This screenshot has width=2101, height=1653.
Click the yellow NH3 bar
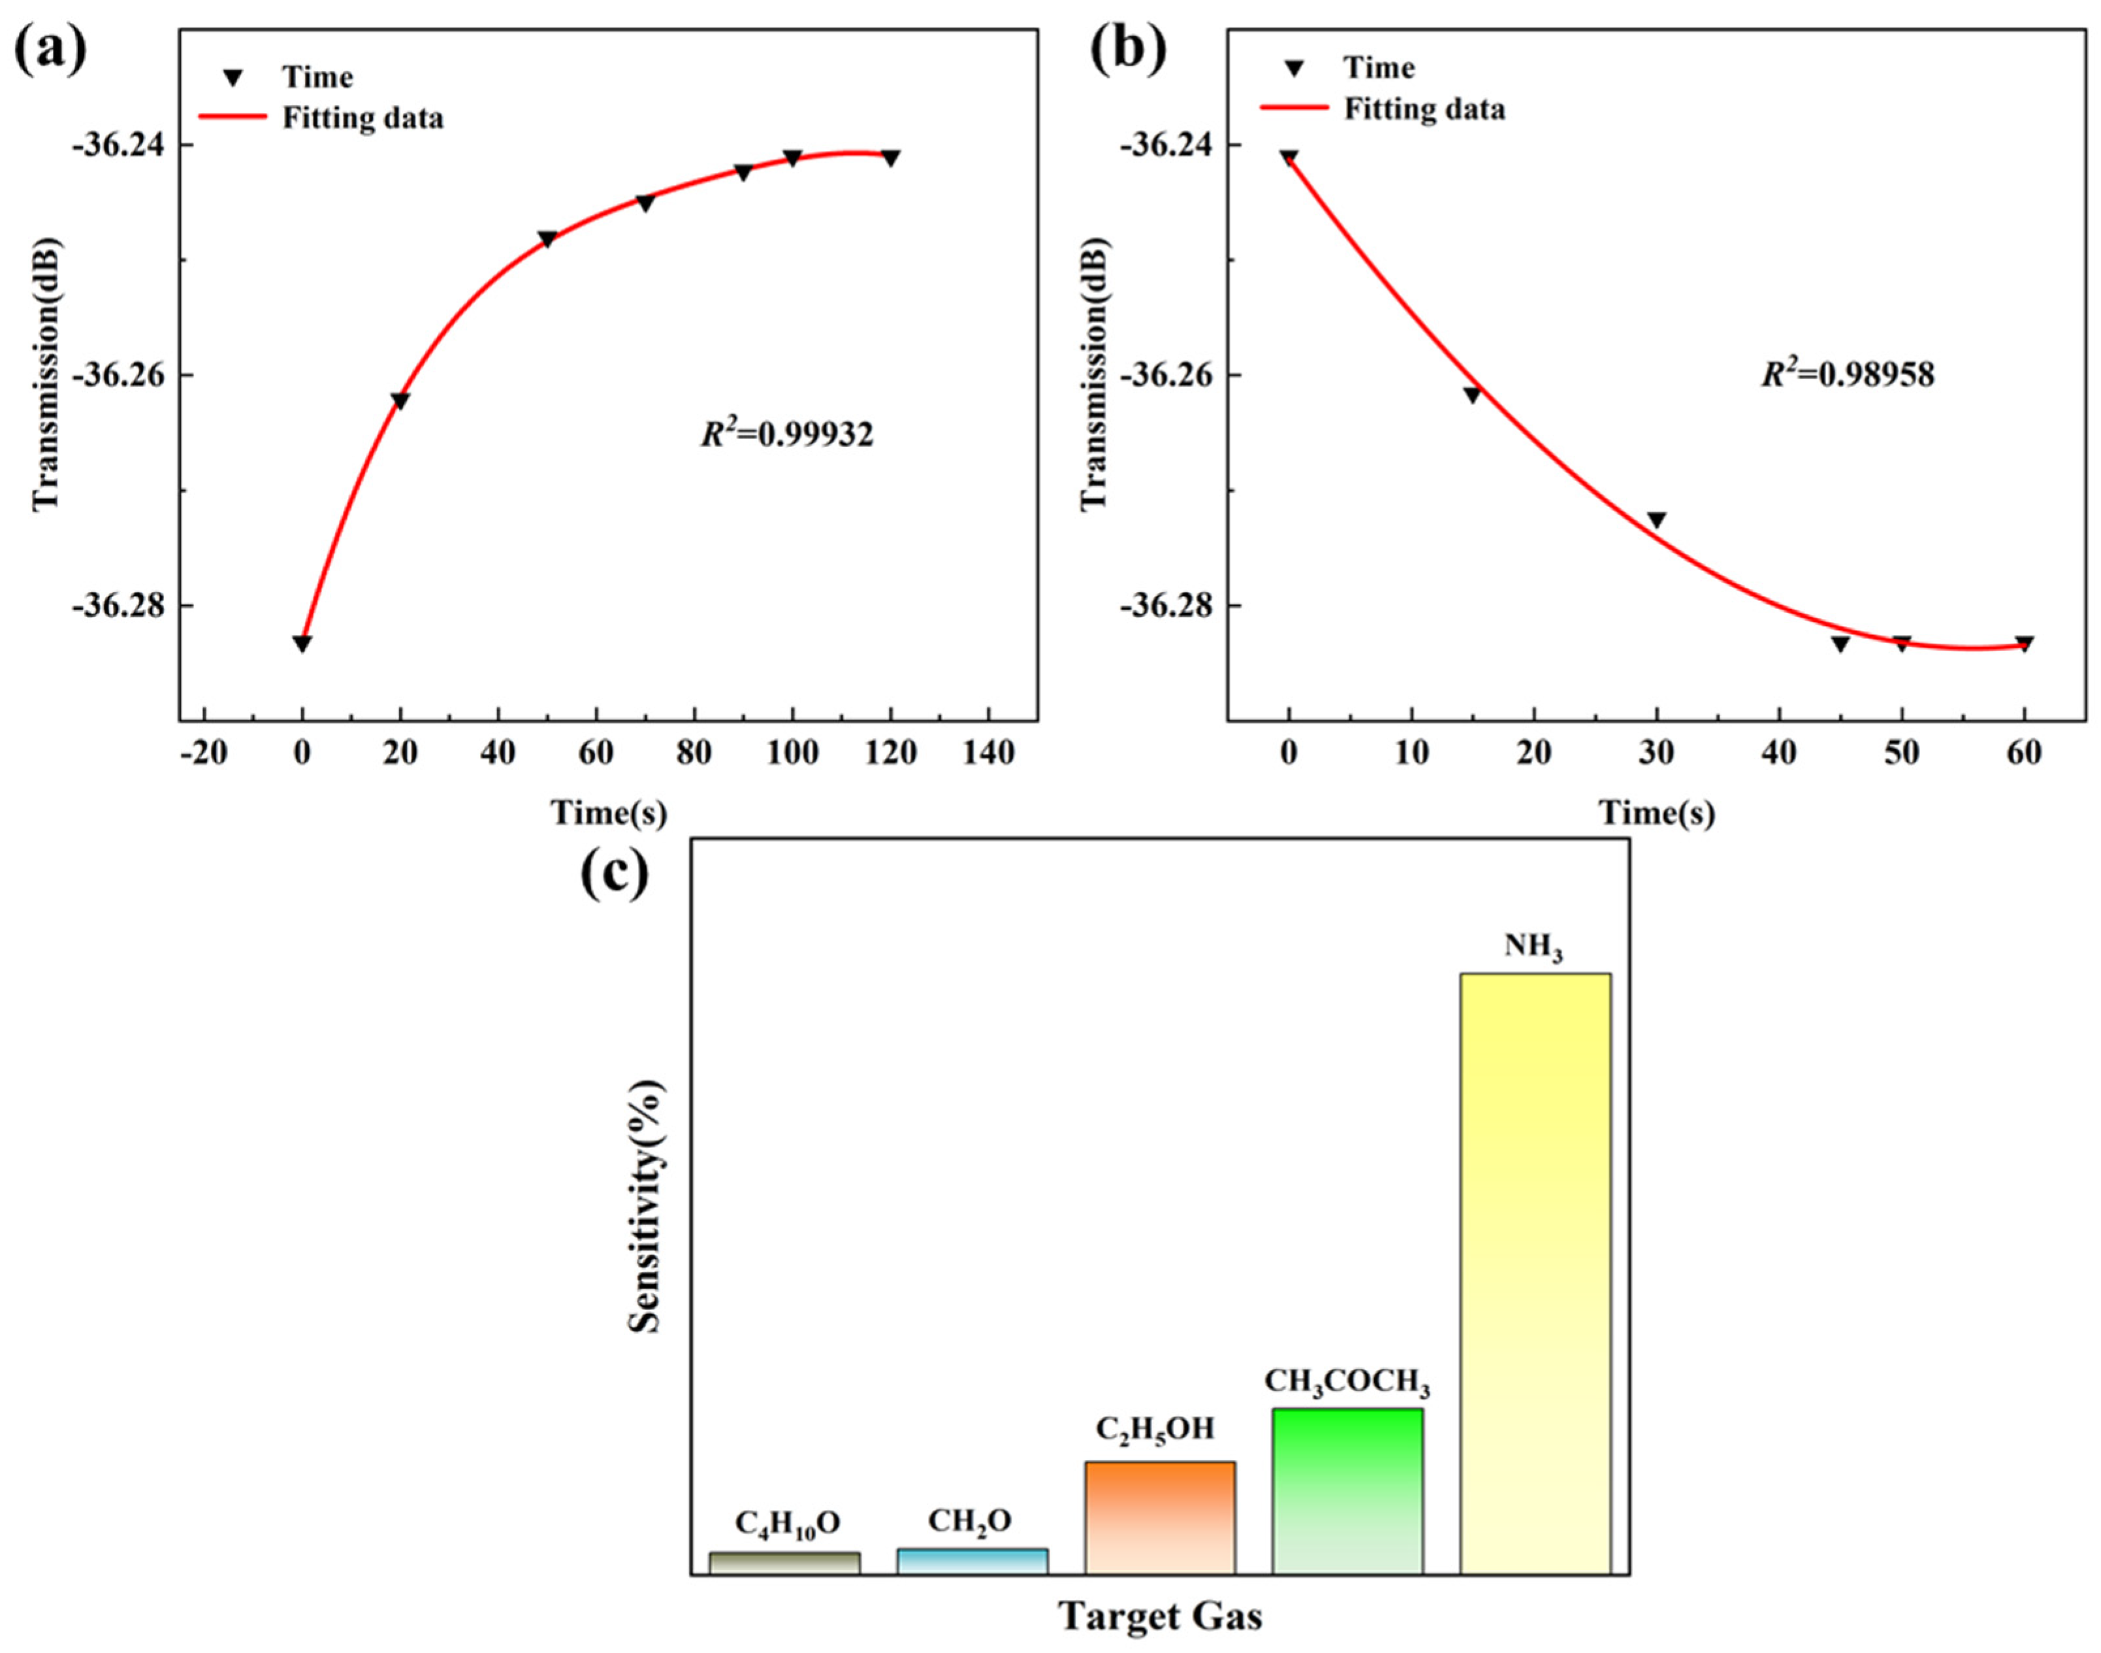1535,1273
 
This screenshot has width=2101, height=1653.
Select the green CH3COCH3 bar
1347,1490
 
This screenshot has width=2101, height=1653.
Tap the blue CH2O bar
972,1561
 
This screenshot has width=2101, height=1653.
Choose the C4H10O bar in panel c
784,1563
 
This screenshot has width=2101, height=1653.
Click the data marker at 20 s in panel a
400,401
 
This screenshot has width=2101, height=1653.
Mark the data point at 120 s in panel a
891,157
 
